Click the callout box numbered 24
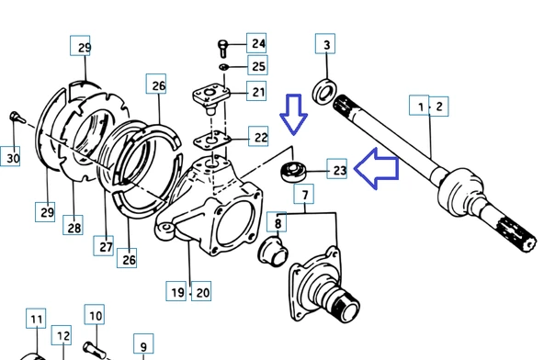[x=256, y=43]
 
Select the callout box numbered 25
[x=257, y=65]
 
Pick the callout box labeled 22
[x=258, y=136]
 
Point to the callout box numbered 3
[x=325, y=44]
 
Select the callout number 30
[x=13, y=158]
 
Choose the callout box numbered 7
[x=304, y=194]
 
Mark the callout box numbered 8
[x=277, y=222]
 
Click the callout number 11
[x=36, y=320]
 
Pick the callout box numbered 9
[x=143, y=344]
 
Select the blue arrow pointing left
[x=377, y=169]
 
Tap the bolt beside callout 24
[x=222, y=49]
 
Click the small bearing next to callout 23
[x=294, y=171]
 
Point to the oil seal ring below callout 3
[x=324, y=91]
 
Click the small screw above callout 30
[x=17, y=118]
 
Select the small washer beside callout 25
[x=223, y=66]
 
